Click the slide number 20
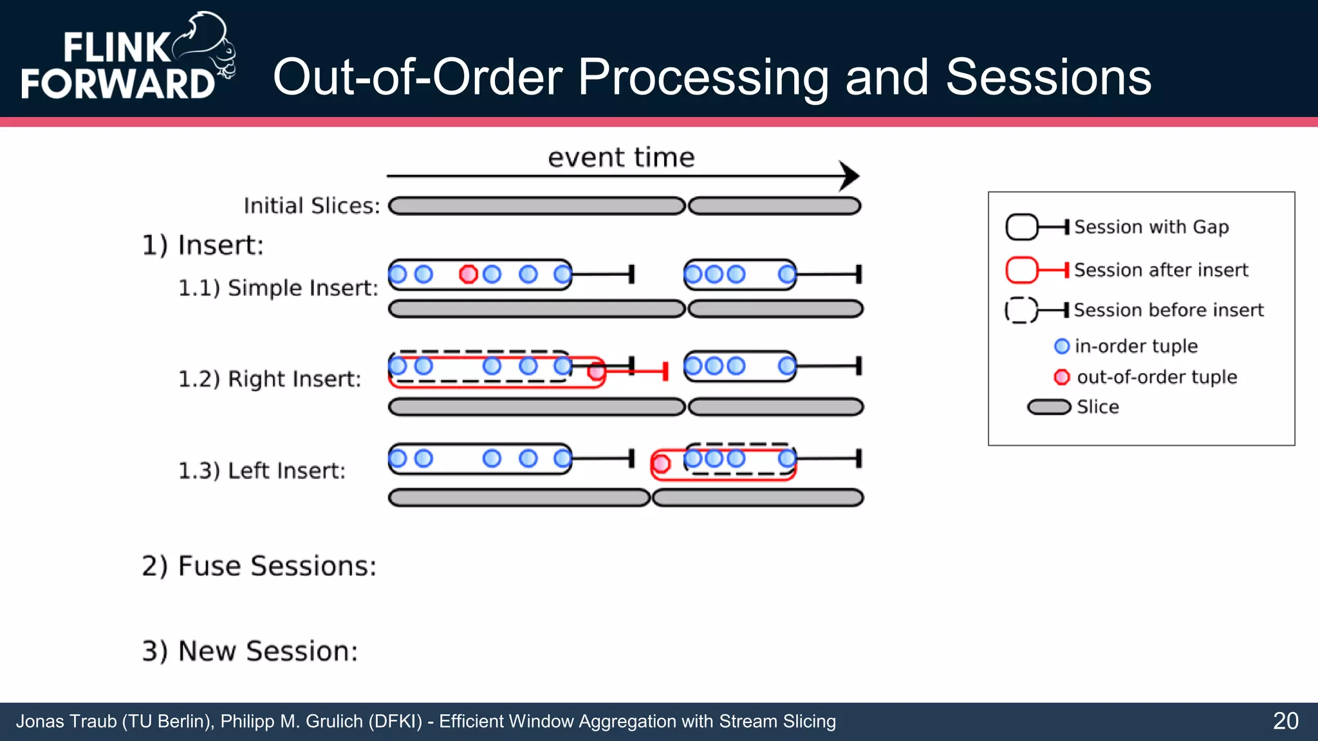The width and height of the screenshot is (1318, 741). (1285, 721)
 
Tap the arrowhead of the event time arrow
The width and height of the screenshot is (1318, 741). (851, 176)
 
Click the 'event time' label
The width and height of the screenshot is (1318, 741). (621, 158)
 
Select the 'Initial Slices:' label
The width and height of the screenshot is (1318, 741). (311, 206)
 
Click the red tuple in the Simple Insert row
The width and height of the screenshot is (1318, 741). (468, 275)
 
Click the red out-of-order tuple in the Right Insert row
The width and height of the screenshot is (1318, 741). (597, 371)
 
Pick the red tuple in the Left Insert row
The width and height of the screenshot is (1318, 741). (660, 463)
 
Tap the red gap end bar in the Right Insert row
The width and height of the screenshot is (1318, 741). (665, 371)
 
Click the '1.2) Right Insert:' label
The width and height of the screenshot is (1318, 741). (269, 379)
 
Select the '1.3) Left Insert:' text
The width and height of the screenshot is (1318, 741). (261, 471)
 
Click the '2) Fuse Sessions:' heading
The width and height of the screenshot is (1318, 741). (259, 566)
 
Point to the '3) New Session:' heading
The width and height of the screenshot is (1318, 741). (250, 651)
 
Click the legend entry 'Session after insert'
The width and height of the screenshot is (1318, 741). (1160, 270)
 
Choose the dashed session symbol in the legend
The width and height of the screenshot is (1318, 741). (1021, 310)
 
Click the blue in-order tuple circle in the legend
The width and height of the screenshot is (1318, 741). (1062, 346)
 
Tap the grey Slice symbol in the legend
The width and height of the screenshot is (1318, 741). (1048, 407)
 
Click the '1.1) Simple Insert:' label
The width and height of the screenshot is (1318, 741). (278, 288)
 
